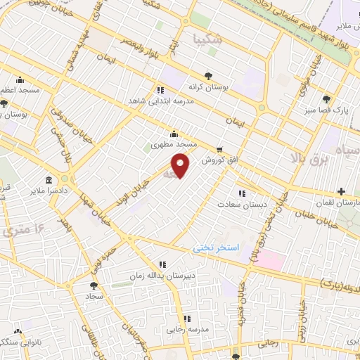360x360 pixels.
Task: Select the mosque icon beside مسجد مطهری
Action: coord(174,134)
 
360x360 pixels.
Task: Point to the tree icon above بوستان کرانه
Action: coord(207,77)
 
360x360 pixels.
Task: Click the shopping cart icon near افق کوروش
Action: coord(219,149)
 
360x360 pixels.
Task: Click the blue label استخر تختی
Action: coord(217,249)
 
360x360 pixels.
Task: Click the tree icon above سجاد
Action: coord(94,285)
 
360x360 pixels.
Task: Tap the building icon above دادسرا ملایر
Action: coord(48,179)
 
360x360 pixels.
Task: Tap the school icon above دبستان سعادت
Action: coord(242,193)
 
